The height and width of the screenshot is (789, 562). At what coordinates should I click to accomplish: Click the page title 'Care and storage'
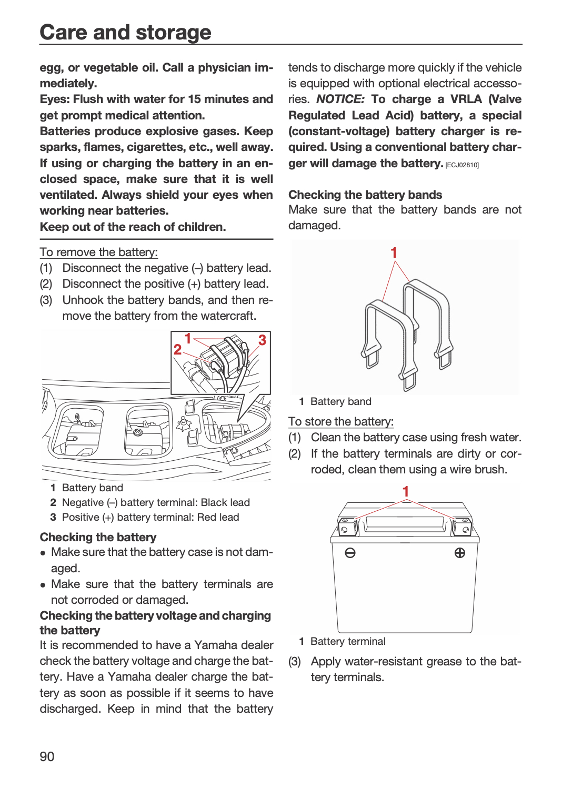point(125,32)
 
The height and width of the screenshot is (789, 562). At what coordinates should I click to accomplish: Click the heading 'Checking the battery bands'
point(365,195)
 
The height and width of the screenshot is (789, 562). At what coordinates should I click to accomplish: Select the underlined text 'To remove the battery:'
point(98,252)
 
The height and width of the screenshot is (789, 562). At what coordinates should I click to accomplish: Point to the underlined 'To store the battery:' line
point(341,421)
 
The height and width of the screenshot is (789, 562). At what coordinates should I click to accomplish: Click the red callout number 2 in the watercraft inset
point(177,349)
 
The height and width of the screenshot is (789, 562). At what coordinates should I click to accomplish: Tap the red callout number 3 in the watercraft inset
point(262,340)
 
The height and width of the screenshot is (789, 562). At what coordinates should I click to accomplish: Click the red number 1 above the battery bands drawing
point(394,252)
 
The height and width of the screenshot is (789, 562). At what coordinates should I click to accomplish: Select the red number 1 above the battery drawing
point(406,491)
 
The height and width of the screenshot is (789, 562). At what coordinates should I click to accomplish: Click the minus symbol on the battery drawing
point(350,553)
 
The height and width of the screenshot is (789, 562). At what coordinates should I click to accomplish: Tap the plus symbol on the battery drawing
point(460,553)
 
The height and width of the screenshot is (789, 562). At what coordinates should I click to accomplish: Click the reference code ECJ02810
point(463,165)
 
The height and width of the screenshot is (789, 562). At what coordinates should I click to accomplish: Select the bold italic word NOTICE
point(340,99)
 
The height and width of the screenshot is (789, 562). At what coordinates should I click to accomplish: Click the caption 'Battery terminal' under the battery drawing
point(348,641)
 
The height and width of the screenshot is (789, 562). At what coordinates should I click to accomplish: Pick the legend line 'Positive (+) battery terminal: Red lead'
point(150,517)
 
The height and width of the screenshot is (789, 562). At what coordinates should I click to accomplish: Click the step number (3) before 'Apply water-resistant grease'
point(295,662)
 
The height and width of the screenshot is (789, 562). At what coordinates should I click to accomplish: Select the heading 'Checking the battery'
point(98,537)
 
